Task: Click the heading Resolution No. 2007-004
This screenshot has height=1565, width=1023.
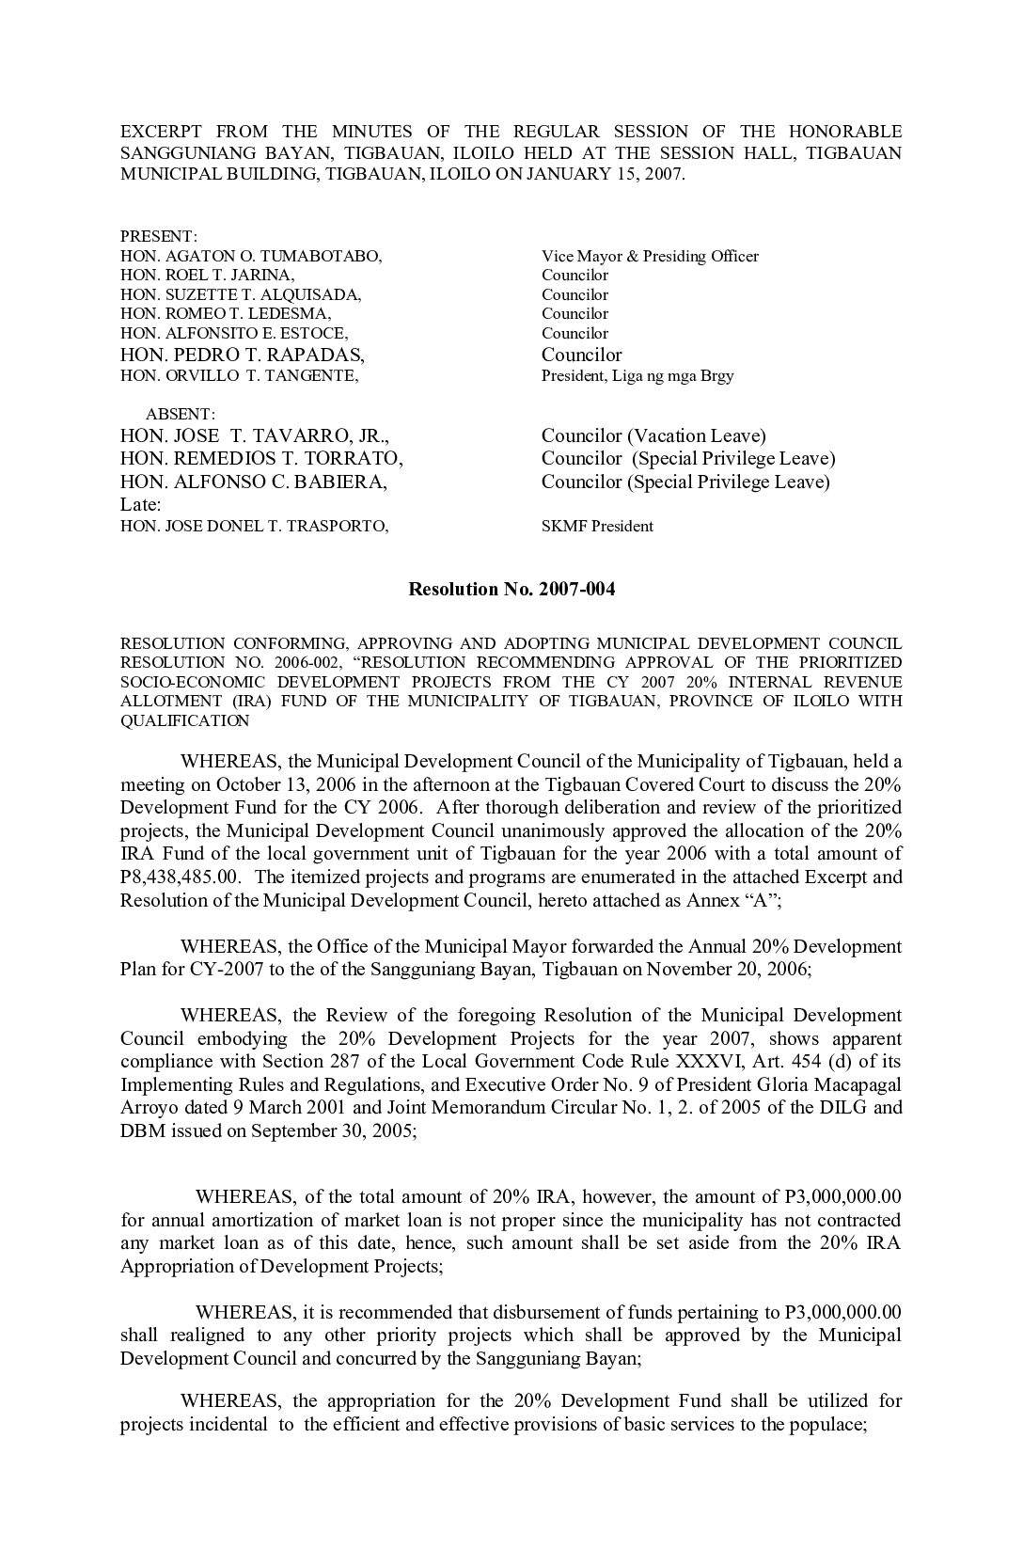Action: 511,590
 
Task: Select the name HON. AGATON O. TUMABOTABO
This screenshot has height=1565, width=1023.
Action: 251,256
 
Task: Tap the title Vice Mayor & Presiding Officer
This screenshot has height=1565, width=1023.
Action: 650,256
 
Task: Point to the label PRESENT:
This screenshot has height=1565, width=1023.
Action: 158,236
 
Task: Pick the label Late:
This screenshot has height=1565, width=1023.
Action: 141,505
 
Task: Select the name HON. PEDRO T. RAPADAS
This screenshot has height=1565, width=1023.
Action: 243,355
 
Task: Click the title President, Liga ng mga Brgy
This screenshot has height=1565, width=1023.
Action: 637,375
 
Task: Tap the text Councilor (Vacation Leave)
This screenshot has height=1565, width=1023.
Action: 653,435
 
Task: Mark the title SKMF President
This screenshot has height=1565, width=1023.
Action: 597,527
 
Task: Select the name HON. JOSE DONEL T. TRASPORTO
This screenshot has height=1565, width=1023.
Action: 254,527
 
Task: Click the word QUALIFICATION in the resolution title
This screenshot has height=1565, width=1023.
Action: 185,721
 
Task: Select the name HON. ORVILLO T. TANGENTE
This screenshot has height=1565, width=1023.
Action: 240,375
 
